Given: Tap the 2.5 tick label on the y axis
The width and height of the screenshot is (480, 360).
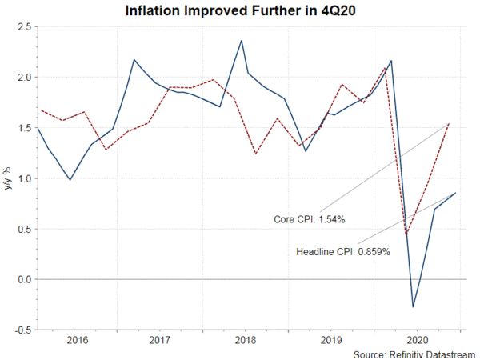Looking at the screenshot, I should (x=24, y=27).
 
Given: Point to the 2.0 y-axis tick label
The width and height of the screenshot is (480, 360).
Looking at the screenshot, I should (x=24, y=78).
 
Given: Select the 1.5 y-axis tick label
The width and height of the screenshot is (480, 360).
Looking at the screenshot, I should (x=24, y=128).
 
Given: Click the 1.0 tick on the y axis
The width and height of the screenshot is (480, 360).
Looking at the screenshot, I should (x=24, y=178).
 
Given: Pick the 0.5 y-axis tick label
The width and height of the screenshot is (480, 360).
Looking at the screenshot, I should (x=24, y=229).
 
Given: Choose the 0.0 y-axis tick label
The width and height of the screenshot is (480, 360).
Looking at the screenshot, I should (x=24, y=279).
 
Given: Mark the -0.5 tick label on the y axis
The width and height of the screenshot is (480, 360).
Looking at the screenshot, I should (x=22, y=330).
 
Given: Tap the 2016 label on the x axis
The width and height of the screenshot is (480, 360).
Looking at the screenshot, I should (x=77, y=340).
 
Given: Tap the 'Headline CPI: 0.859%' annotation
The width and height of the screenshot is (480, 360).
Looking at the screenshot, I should (x=343, y=252).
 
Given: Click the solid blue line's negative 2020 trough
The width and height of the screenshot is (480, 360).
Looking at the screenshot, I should (x=413, y=306).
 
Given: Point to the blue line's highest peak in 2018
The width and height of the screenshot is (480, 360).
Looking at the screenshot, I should (x=242, y=41).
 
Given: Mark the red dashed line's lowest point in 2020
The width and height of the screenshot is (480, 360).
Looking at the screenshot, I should (x=406, y=234).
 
